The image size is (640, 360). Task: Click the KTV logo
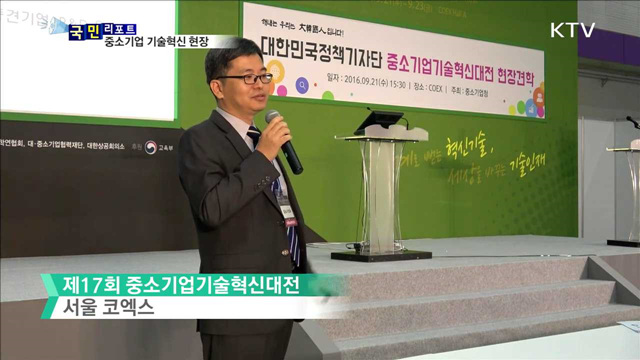572,30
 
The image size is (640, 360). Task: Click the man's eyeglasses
243,78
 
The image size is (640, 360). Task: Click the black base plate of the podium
381,255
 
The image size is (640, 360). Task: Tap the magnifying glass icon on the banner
279,90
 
